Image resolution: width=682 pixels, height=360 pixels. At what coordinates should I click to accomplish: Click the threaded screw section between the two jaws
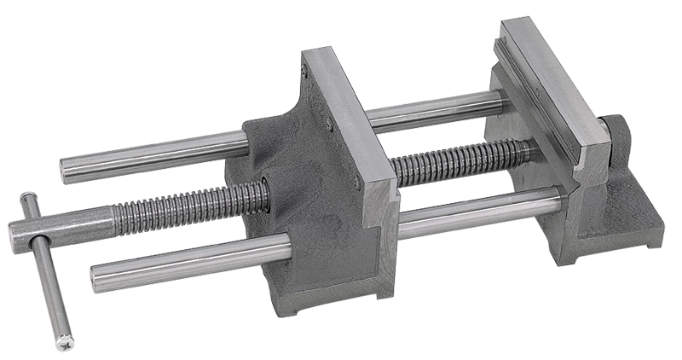[460, 161]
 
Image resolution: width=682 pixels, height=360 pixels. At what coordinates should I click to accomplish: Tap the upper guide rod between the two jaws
[435, 112]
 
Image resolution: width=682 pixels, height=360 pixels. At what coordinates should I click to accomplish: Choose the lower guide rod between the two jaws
[477, 213]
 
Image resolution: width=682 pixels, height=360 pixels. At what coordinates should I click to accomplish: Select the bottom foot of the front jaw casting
[341, 294]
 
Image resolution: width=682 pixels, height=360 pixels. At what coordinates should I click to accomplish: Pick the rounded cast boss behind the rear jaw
[616, 136]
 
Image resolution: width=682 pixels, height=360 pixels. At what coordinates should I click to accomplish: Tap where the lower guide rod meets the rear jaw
[559, 200]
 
